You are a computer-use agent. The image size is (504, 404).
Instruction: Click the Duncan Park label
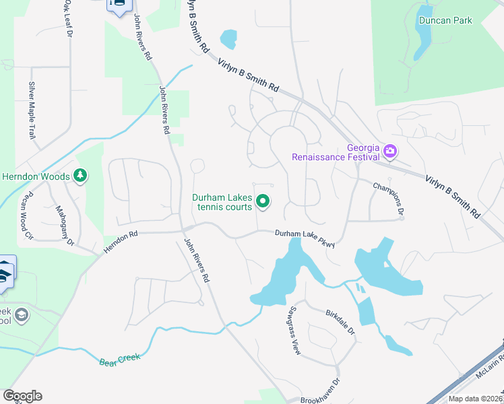coord(445,20)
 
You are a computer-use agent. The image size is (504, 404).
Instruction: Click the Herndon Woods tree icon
coord(81,176)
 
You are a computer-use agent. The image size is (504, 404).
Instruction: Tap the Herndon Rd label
coord(121,243)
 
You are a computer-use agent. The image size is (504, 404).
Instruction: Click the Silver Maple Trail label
coord(32,110)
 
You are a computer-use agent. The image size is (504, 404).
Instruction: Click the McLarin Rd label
coord(484,385)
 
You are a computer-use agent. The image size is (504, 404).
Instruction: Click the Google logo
coord(22,396)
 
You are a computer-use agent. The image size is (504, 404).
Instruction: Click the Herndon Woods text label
coord(35,176)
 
